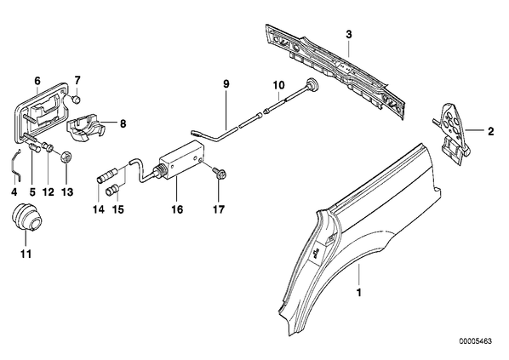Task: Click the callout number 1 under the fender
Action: tap(358, 293)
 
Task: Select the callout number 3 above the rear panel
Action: tap(349, 34)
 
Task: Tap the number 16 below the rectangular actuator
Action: tap(178, 209)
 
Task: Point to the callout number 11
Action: tap(26, 254)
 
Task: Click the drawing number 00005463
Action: tap(476, 341)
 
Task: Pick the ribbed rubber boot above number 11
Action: tap(27, 218)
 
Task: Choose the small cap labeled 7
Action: tap(76, 100)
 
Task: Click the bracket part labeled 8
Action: tap(86, 126)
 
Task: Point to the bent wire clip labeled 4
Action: tap(15, 164)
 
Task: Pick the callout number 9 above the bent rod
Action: tap(226, 84)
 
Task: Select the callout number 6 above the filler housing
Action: tap(37, 81)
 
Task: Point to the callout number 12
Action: tap(48, 191)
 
